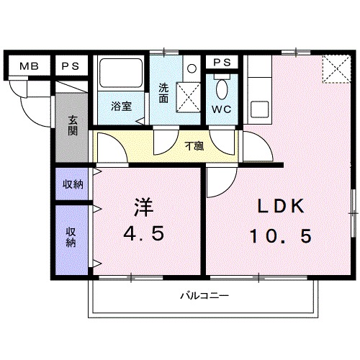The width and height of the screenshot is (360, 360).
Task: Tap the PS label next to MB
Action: (x=69, y=68)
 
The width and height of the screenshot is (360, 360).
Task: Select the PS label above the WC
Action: (x=221, y=63)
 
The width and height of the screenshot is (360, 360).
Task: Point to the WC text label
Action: (x=221, y=111)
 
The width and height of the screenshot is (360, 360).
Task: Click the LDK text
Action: (x=282, y=207)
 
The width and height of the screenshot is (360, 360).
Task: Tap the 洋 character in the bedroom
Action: (x=142, y=207)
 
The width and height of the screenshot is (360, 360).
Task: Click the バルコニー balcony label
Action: (x=204, y=296)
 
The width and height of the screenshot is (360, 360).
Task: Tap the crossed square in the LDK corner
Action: (x=335, y=70)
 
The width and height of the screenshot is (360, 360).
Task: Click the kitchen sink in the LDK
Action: (x=258, y=111)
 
